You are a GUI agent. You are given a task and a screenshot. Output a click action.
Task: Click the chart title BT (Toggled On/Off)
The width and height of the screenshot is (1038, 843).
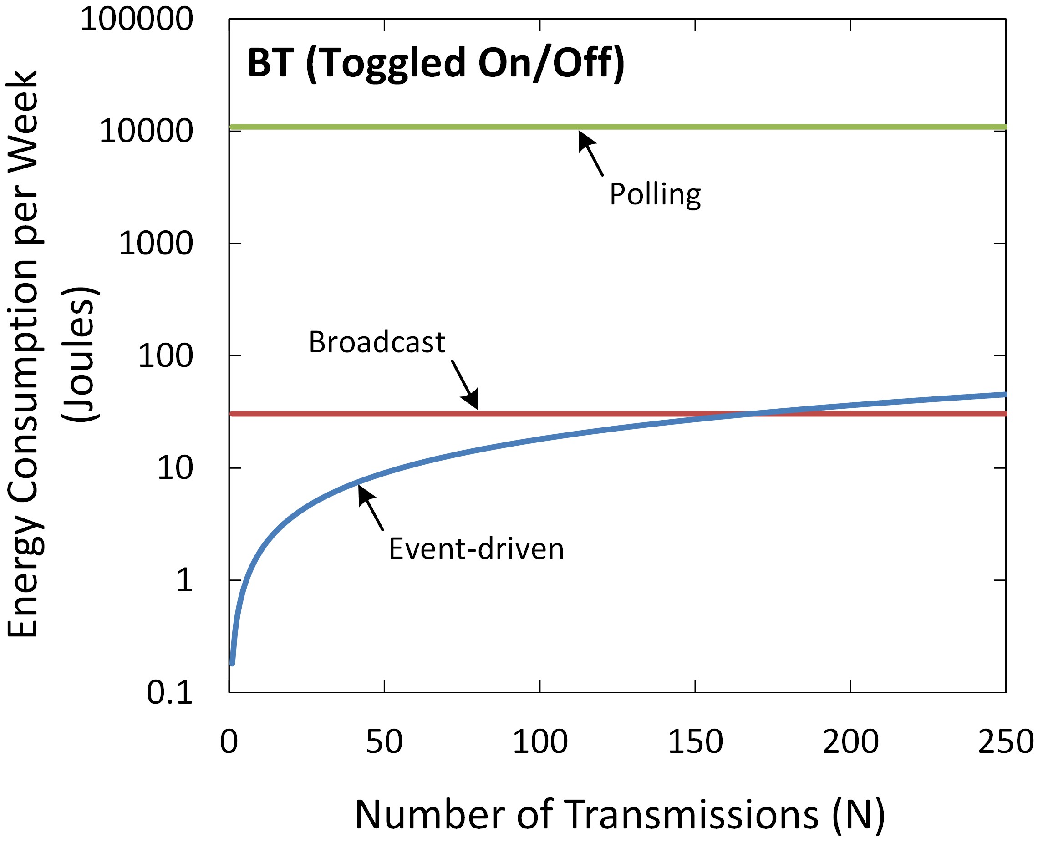tap(436, 63)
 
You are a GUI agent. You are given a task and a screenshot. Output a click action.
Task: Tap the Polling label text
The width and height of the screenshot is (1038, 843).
tap(655, 195)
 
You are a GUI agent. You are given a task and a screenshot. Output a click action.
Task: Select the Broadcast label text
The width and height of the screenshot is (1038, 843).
tap(377, 342)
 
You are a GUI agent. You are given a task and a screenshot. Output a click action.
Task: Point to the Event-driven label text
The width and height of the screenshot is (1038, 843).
tap(476, 549)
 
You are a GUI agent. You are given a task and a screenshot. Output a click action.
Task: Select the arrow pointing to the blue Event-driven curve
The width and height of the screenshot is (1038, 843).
tap(371, 508)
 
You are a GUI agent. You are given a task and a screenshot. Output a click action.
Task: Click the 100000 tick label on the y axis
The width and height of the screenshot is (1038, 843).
tap(137, 20)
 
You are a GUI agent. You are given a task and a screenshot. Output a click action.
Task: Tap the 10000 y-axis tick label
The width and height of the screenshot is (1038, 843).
tap(146, 131)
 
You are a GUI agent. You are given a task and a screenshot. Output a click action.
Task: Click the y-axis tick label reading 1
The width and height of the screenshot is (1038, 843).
tap(184, 580)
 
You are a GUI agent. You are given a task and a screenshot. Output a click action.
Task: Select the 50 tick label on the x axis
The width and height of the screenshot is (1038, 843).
tap(384, 742)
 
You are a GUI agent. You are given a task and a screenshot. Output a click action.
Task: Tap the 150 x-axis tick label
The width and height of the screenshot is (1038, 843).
tap(695, 742)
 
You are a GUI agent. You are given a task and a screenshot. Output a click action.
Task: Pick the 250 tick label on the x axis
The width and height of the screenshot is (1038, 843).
tap(1005, 742)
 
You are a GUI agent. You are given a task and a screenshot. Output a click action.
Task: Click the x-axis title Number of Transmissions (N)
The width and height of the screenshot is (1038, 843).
tap(620, 814)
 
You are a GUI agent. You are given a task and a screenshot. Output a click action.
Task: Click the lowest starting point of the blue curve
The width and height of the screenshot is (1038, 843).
tap(232, 663)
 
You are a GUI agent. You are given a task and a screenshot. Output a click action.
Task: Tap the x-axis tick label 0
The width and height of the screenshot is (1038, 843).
tap(229, 742)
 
